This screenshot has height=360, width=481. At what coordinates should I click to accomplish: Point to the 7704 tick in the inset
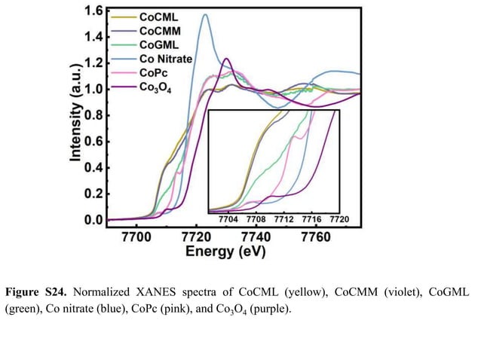click(228, 220)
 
